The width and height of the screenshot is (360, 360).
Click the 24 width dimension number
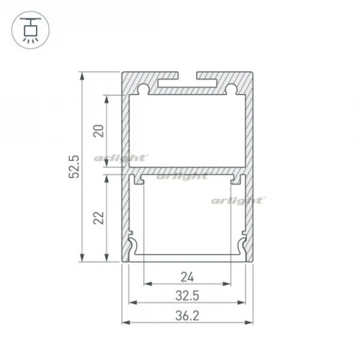(x=188, y=277)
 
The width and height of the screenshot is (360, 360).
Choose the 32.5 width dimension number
(x=188, y=295)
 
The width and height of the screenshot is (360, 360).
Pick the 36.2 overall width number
(x=188, y=314)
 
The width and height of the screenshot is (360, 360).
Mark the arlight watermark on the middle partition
(x=182, y=175)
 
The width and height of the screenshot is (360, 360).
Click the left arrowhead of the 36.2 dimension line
(x=125, y=322)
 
